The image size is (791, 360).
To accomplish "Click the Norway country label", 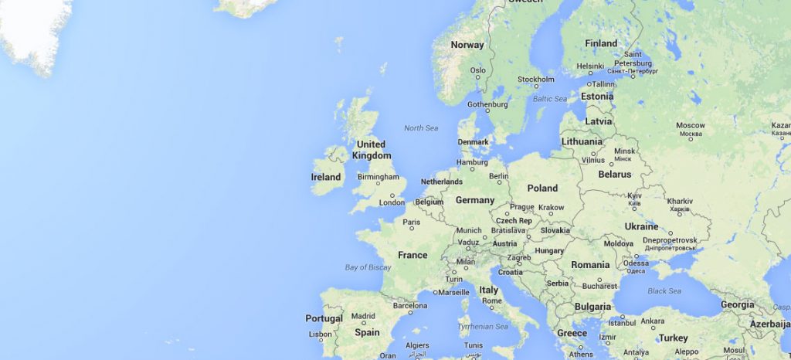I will (467, 45).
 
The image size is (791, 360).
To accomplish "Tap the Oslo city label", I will (478, 70).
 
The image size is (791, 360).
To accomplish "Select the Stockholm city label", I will (536, 80).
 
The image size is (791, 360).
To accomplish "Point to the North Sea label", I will (421, 128).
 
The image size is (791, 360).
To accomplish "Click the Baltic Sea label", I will (550, 99).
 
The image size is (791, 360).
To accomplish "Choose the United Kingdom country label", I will (371, 150).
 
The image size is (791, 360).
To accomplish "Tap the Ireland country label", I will (326, 177).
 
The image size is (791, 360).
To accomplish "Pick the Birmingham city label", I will (379, 177).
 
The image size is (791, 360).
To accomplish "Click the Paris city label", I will (412, 222).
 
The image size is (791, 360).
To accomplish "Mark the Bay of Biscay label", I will (368, 268).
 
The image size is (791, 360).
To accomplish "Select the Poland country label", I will (542, 188).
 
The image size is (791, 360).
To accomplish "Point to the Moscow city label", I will (691, 125).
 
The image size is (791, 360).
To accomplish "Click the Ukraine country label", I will (641, 226).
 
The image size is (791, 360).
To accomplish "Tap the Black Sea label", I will (664, 291).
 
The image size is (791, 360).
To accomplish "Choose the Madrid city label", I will (363, 316).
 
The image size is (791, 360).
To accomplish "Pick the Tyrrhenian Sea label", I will (483, 327).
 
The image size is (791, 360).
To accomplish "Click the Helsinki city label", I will (590, 66).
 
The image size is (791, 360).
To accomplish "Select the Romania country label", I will (590, 265).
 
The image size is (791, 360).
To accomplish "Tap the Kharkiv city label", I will (680, 202).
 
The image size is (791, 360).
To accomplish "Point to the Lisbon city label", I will (321, 335).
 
